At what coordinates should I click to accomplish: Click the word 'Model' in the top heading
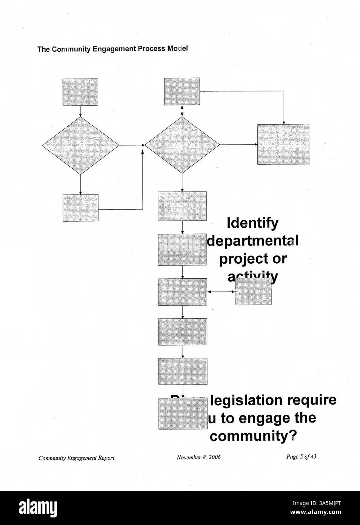[x=178, y=49]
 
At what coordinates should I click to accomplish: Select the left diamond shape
[x=80, y=145]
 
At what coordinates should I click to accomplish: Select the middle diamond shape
[x=182, y=145]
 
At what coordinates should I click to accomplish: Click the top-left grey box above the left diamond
[x=80, y=92]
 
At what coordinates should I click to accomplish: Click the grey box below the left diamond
[x=80, y=208]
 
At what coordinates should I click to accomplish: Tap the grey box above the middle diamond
[x=182, y=91]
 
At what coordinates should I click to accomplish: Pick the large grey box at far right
[x=283, y=144]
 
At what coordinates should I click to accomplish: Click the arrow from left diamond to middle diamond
[x=131, y=145]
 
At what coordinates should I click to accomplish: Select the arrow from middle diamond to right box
[x=238, y=145]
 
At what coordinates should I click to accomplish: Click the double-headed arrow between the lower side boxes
[x=221, y=292]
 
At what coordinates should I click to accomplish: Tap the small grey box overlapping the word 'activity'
[x=253, y=292]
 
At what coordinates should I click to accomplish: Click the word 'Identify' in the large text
[x=252, y=223]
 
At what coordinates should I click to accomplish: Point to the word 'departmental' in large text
[x=253, y=241]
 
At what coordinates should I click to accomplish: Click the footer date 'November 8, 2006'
[x=198, y=457]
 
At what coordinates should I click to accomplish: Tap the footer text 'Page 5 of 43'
[x=301, y=457]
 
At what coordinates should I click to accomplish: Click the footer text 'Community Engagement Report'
[x=76, y=458]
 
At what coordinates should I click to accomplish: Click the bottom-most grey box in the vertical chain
[x=183, y=413]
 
